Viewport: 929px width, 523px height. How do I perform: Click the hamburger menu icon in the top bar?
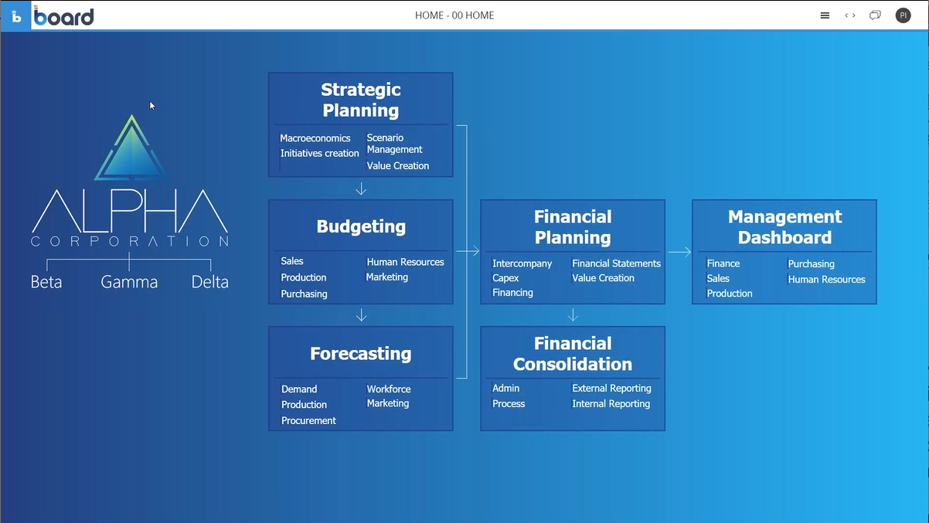point(825,15)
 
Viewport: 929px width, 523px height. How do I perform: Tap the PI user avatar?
point(903,15)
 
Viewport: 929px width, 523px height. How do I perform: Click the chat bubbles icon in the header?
point(875,15)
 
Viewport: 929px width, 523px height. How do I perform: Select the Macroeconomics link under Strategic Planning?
point(315,138)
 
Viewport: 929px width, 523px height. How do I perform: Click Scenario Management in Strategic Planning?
point(394,144)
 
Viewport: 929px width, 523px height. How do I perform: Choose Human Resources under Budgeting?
point(405,262)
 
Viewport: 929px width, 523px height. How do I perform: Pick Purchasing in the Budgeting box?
point(304,294)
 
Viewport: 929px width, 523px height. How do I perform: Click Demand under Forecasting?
point(299,389)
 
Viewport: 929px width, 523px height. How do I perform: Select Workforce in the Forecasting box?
point(389,389)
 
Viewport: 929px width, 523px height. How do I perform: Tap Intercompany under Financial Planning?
point(522,263)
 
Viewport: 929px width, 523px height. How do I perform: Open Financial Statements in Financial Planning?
point(616,263)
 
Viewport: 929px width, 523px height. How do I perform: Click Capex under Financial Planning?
point(505,278)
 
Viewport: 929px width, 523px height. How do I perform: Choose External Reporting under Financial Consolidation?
point(611,389)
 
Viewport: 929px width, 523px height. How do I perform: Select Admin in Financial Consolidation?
point(505,389)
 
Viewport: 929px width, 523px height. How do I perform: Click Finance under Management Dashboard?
point(723,263)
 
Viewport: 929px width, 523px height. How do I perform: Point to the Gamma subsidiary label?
point(129,282)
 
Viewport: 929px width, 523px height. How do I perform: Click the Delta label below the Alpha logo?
point(210,282)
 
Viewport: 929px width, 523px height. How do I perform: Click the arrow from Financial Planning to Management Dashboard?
point(679,252)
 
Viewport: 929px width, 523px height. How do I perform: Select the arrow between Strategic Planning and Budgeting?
point(361,188)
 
